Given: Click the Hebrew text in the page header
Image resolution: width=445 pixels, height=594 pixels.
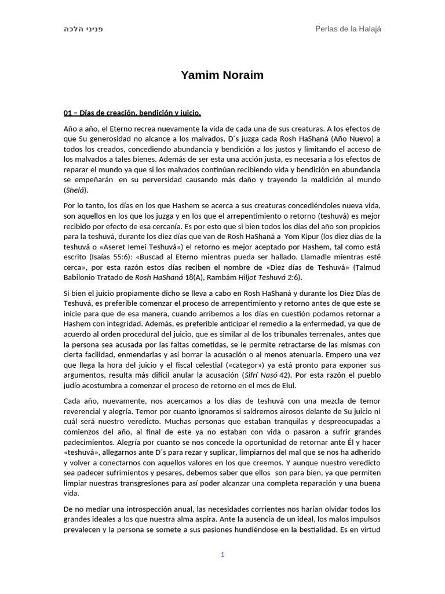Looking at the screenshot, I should tap(83, 29).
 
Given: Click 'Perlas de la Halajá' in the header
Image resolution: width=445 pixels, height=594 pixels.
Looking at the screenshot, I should tap(348, 29).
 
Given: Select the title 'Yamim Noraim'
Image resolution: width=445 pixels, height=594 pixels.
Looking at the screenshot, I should tap(222, 75).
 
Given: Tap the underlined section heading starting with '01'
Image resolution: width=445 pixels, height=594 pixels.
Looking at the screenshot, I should tap(132, 113).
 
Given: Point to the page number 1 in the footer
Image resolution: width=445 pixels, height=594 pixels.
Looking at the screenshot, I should tap(222, 555).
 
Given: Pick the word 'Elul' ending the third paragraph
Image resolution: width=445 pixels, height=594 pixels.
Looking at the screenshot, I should tap(287, 386).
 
